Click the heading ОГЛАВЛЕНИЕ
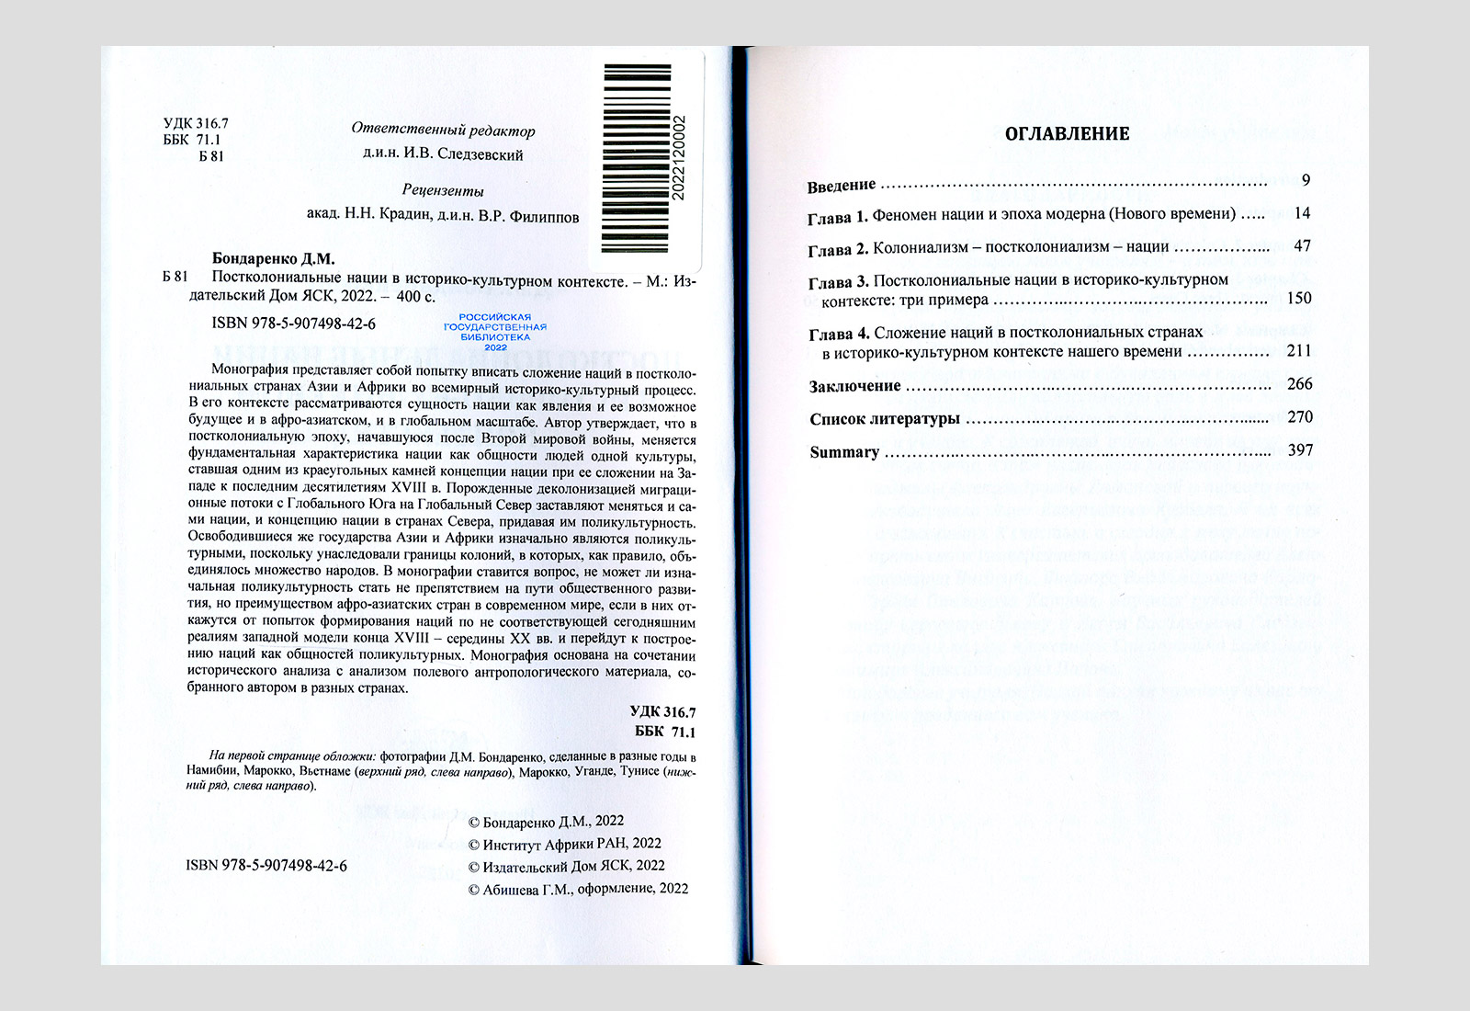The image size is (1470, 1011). pos(1067,134)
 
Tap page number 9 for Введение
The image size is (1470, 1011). pos(1306,180)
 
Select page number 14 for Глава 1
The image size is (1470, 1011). pos(1302,213)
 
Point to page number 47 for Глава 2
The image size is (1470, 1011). pos(1302,246)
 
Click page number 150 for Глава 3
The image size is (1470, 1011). pos(1299,298)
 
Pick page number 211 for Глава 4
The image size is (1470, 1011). pos(1299,350)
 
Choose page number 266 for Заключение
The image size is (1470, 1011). pos(1299,384)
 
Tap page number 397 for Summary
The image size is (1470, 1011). pos(1299,450)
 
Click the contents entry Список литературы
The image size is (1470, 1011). pos(884,419)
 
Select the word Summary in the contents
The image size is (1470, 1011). pos(844,452)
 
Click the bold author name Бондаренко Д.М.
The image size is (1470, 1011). pos(273,259)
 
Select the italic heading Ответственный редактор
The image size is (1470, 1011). pos(443,131)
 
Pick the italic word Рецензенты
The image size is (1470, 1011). pos(443,191)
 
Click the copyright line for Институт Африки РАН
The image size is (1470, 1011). pos(564,844)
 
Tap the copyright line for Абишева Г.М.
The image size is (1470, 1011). pos(578,889)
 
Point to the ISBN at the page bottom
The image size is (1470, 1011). pos(266,866)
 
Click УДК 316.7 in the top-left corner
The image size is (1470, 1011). pos(196,123)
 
